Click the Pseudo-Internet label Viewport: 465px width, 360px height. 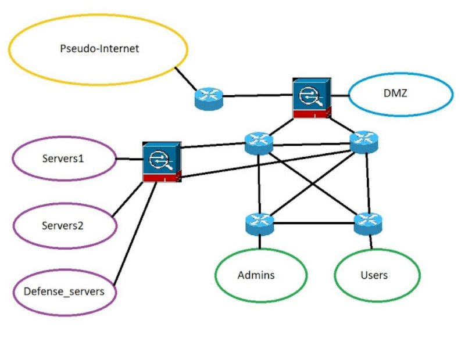[x=99, y=49]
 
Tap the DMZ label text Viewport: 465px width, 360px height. [x=400, y=93]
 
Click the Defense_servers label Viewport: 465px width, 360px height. [x=64, y=291]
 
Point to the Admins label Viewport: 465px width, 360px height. [x=256, y=275]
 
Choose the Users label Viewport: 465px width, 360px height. [x=374, y=275]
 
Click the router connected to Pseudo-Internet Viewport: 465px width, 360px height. [x=208, y=99]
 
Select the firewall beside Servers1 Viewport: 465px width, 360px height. [x=161, y=163]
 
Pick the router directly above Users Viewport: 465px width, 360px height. [x=369, y=222]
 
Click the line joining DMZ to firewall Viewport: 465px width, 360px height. [x=339, y=94]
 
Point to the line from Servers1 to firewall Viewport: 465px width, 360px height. [x=128, y=159]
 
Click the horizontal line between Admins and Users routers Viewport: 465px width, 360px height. [x=314, y=223]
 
